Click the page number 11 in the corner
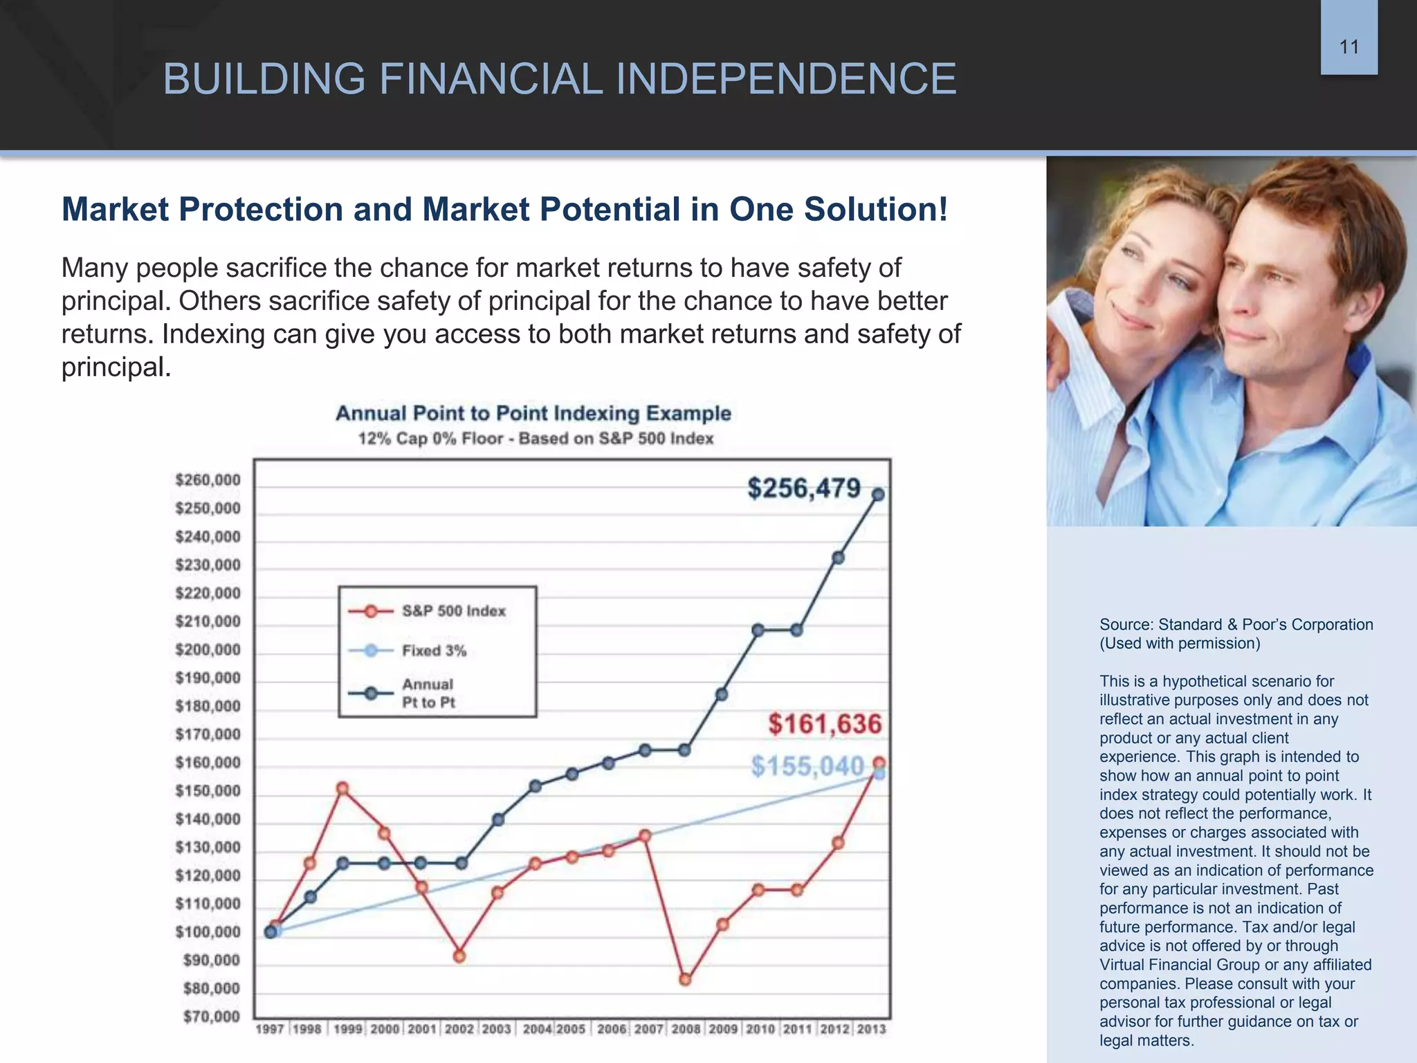click(1349, 47)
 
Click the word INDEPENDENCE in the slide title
click(785, 79)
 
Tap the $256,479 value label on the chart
click(804, 489)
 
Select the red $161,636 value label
click(825, 725)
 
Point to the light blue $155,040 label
click(807, 766)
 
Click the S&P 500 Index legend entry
click(453, 611)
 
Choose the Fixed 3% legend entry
click(434, 651)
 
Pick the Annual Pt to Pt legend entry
click(428, 693)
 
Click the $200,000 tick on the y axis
click(208, 650)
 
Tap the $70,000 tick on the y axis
click(211, 1017)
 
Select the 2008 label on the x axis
click(686, 1029)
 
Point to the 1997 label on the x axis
click(270, 1029)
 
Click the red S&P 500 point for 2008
click(685, 979)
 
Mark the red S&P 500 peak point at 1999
click(342, 788)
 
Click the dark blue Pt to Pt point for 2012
click(838, 558)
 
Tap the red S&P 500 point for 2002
click(459, 956)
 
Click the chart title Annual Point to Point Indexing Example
click(533, 413)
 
